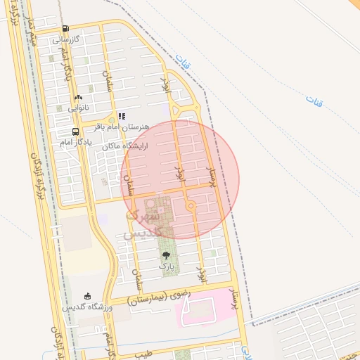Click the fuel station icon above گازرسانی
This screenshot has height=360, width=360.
[65, 29]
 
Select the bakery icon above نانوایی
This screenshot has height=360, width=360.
[78, 98]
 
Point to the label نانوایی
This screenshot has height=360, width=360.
[78, 108]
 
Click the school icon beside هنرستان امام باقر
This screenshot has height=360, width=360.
[122, 116]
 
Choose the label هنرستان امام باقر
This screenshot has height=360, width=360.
[121, 127]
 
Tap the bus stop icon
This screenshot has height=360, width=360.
[75, 131]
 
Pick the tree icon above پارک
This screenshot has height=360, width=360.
[166, 255]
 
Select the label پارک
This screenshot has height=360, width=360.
[166, 266]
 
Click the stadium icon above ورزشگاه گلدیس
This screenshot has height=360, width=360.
[87, 297]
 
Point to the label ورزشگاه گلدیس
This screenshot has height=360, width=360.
[84, 308]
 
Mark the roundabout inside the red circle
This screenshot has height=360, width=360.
[190, 205]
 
